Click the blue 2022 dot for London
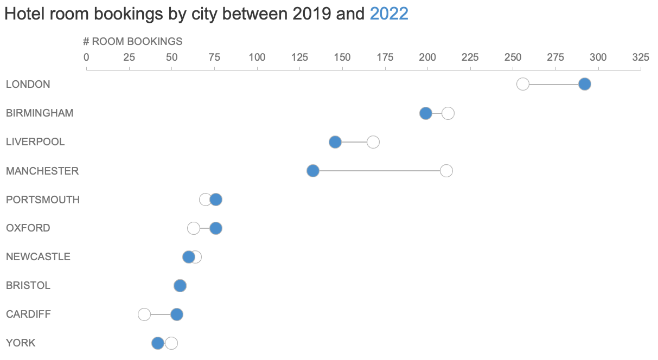coord(584,84)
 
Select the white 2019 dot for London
coord(523,84)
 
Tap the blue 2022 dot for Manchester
coord(313,171)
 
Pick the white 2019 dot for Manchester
coord(446,171)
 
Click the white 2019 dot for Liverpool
coord(373,142)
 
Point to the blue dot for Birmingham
coord(426,113)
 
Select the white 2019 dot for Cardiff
coord(144,314)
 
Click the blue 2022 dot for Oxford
coord(216,228)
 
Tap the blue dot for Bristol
coord(180,286)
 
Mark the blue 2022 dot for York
coord(158,343)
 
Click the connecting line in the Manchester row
coord(380,171)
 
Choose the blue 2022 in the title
coord(389,14)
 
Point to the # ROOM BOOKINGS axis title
coord(133,42)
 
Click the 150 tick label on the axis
coord(342,57)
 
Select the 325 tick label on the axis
coord(641,57)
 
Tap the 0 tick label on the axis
coord(87,57)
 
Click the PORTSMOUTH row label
coord(43,200)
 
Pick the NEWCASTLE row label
coord(38,257)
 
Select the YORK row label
coord(21,343)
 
